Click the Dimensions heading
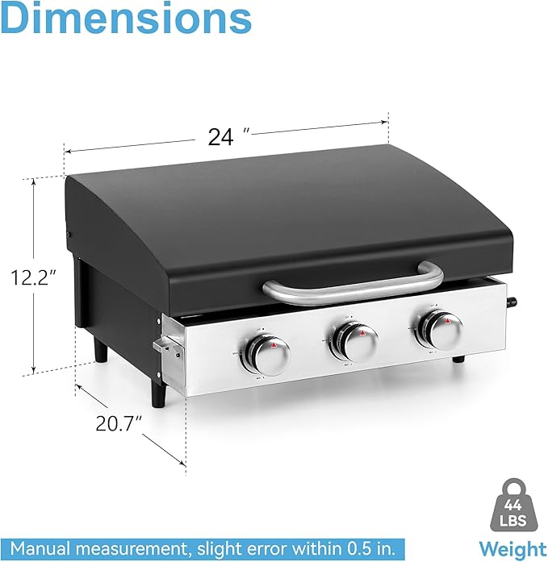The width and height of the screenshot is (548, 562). click(126, 19)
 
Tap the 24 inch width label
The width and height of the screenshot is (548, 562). click(221, 137)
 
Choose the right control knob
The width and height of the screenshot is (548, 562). click(438, 330)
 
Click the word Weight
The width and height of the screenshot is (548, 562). click(512, 550)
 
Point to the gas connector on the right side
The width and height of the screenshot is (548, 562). click(511, 305)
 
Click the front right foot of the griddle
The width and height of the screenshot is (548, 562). click(457, 360)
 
